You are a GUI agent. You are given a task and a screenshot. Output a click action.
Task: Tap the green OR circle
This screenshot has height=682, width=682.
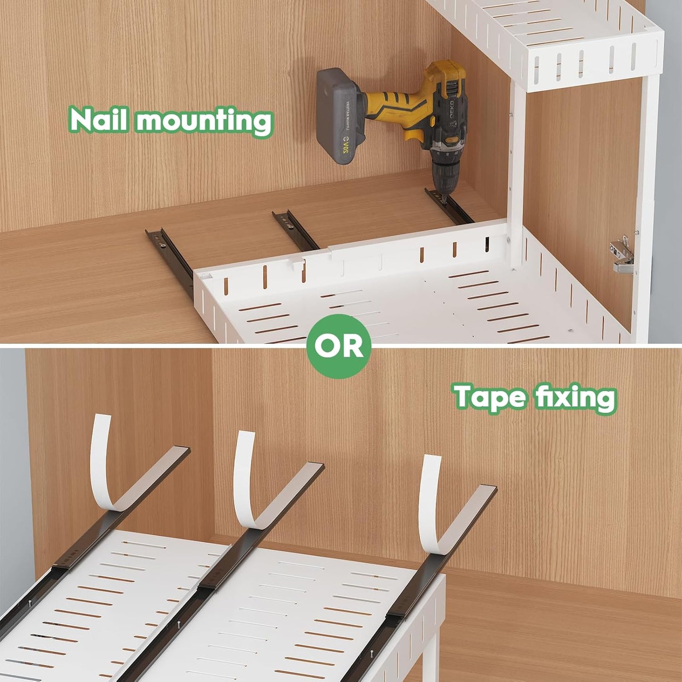tap(338, 346)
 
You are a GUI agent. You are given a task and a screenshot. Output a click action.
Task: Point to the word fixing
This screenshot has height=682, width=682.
tap(576, 397)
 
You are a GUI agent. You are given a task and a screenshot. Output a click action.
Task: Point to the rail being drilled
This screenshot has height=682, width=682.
tap(451, 208)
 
